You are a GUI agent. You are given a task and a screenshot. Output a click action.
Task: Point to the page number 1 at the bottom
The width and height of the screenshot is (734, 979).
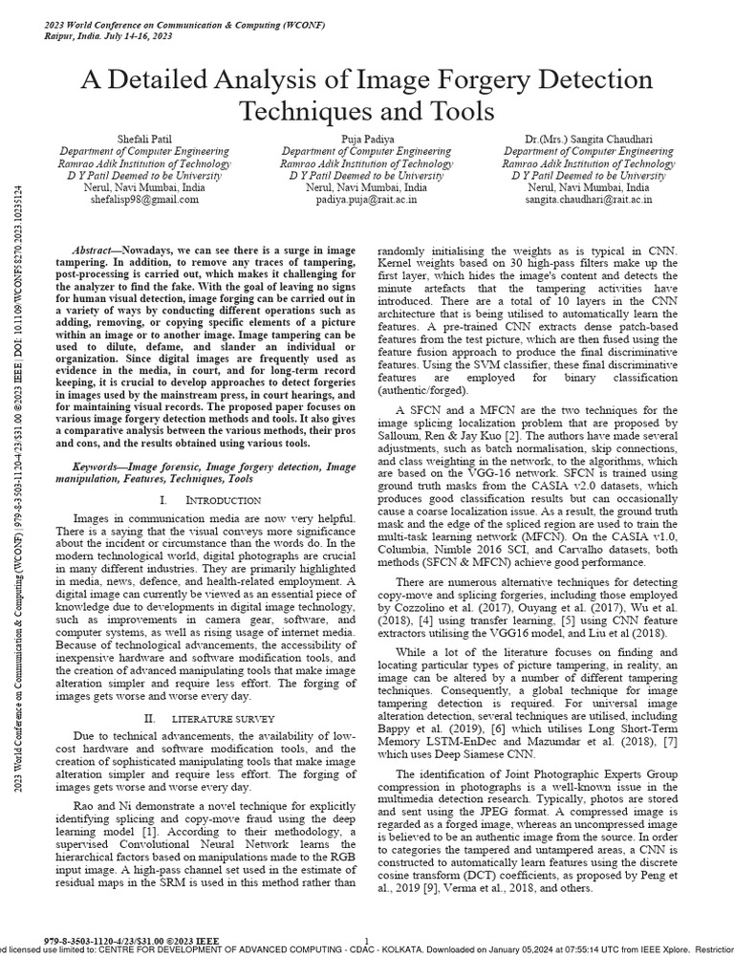pyautogui.click(x=368, y=942)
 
